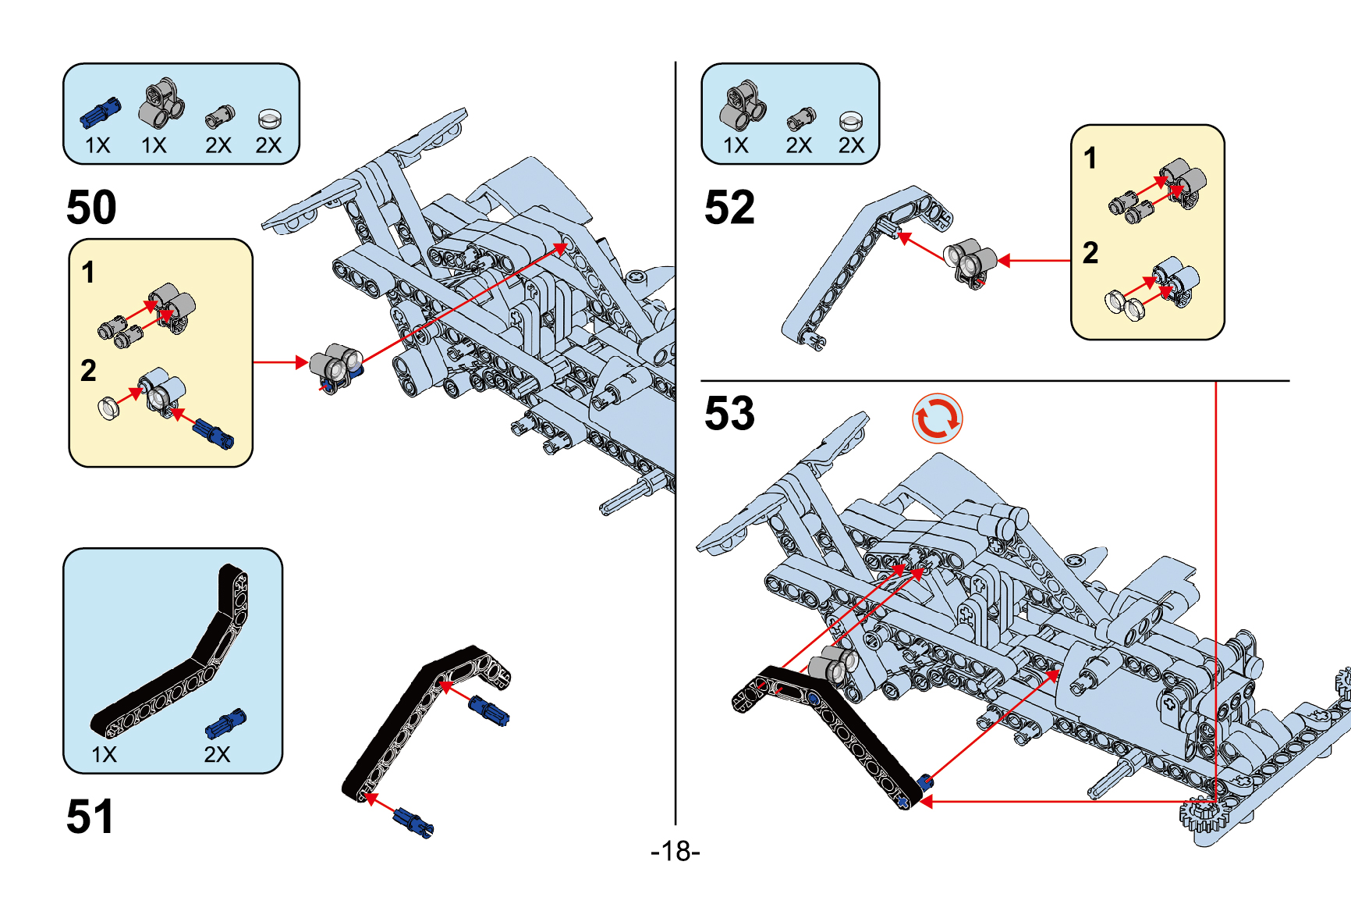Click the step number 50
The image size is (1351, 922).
click(x=91, y=208)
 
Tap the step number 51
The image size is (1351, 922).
click(x=90, y=817)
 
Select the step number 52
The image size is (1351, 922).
click(x=729, y=208)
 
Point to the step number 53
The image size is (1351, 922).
click(x=729, y=413)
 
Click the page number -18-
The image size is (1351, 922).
click(x=675, y=851)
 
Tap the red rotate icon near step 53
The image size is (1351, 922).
click(x=937, y=418)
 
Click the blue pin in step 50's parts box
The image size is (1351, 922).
click(x=101, y=113)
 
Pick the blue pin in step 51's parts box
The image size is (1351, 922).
click(x=225, y=724)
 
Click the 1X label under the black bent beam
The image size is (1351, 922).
click(x=104, y=754)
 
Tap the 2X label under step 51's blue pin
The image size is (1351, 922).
click(x=217, y=754)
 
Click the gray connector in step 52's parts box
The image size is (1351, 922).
click(x=742, y=105)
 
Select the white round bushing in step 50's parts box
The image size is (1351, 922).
click(x=269, y=119)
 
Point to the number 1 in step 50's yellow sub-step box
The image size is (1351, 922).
click(x=88, y=272)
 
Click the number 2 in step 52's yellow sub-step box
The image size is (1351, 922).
click(x=1090, y=253)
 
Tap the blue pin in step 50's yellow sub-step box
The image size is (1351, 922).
click(x=213, y=433)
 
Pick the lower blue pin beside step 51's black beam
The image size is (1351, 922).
click(x=413, y=821)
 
